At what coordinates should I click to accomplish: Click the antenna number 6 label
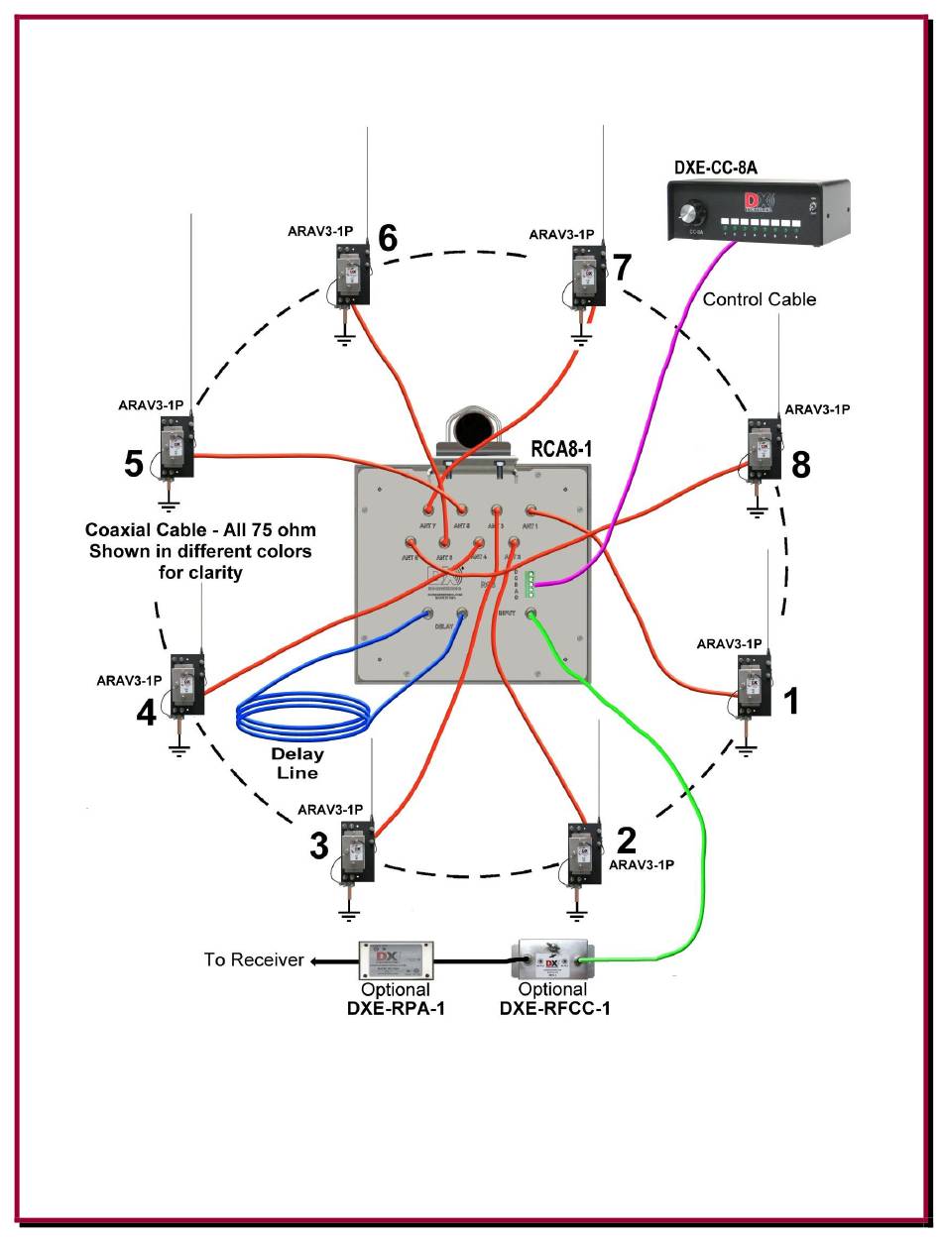click(x=387, y=238)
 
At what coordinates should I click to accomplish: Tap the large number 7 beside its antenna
click(x=622, y=268)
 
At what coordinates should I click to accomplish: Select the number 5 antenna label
click(x=134, y=463)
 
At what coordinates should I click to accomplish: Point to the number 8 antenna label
click(x=800, y=463)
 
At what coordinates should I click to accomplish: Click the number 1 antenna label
click(x=791, y=702)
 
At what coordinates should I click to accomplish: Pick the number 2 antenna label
click(x=626, y=841)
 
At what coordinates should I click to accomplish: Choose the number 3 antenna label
click(x=318, y=846)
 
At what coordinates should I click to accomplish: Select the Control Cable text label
click(x=760, y=298)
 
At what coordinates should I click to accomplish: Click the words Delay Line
click(x=298, y=763)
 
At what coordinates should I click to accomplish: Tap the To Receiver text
click(x=253, y=959)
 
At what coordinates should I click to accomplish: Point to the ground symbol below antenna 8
click(x=758, y=510)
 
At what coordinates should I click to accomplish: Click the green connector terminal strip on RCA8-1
click(x=531, y=584)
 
